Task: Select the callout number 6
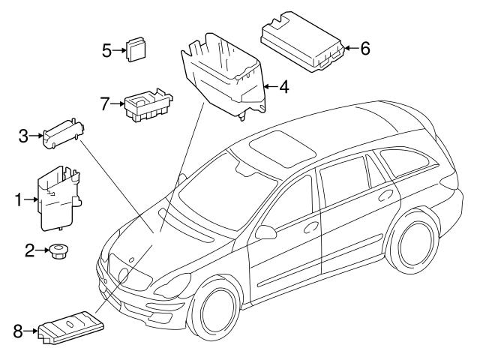(x=365, y=49)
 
